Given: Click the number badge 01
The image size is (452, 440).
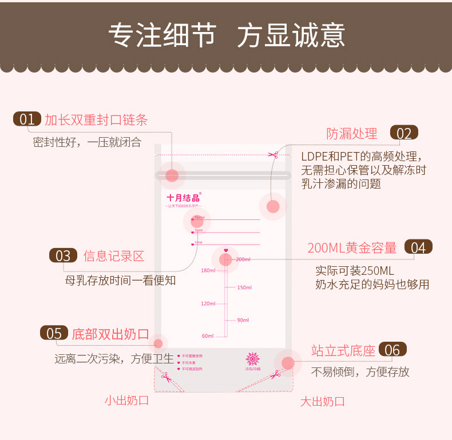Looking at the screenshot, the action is coord(27,119).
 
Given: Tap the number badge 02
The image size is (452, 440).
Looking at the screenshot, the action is coord(404,133).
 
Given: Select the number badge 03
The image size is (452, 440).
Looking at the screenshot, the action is coord(63,255).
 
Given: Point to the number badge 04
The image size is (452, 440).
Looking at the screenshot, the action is coord(418,247).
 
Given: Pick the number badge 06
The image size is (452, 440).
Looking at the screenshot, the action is coord(392,350).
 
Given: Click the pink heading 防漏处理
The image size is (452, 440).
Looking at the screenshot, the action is coord(352,134).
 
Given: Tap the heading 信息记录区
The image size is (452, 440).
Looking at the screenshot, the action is coord(114,255).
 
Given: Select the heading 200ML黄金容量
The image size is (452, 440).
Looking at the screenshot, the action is coord(352,247).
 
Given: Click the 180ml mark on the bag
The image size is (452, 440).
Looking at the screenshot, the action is coord(208,270).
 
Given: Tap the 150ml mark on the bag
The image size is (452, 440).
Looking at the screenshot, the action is coord(244,287).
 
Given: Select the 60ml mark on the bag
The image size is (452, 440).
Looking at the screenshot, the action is coord(208,335).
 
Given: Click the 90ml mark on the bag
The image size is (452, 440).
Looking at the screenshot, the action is coord(243,320).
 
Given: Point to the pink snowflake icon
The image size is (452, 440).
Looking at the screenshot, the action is coord(252,359).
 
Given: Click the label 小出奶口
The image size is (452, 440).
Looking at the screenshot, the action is coord(126,400).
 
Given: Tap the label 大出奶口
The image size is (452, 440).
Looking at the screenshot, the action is coord(323,401).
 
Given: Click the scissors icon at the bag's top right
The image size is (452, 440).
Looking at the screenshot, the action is coord(272,154).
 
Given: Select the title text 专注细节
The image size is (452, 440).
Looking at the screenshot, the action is coord(162,35).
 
